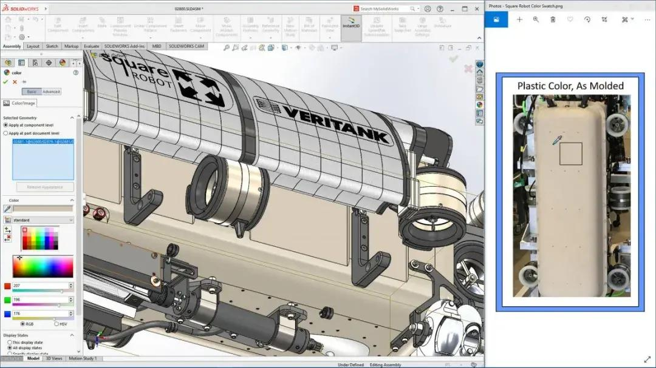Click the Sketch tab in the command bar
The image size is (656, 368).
(x=52, y=46)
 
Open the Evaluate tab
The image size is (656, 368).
(x=92, y=46)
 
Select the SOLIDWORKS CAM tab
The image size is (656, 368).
(x=186, y=46)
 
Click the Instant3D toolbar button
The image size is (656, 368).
(x=350, y=28)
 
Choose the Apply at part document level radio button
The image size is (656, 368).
(x=6, y=133)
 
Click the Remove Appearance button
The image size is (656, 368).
(x=45, y=187)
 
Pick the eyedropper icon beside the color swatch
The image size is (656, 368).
(x=8, y=209)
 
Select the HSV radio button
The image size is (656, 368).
(x=56, y=324)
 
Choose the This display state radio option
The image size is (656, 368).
(x=10, y=342)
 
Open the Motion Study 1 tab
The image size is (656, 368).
(x=82, y=358)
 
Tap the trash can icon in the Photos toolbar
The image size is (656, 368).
(x=553, y=19)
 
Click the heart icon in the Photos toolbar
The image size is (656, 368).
(x=570, y=19)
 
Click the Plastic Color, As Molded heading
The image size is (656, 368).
(x=570, y=85)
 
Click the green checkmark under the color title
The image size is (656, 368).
(x=5, y=81)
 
